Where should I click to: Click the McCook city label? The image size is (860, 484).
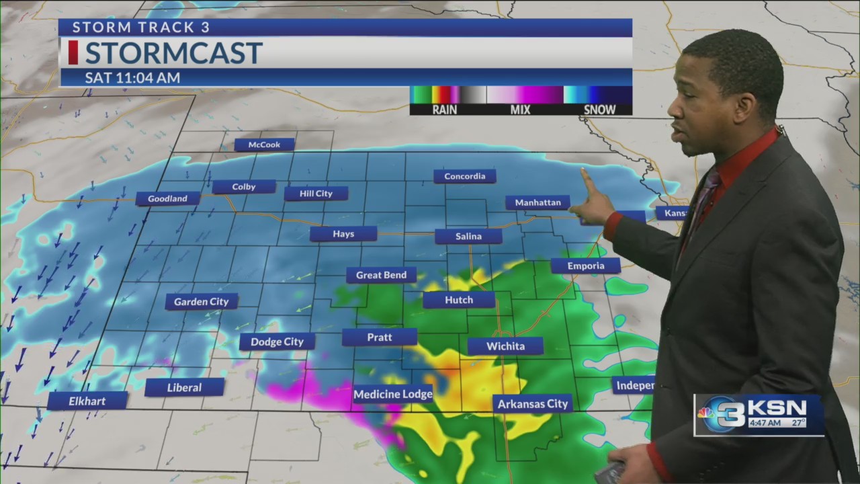(265, 145)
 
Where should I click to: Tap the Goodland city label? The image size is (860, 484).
(167, 198)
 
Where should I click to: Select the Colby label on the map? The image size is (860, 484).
(244, 187)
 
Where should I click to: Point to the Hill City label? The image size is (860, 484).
(316, 194)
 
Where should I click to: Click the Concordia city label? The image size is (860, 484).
(464, 176)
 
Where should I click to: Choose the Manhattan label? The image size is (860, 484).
(537, 202)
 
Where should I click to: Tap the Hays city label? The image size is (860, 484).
(343, 234)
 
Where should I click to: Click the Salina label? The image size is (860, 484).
(468, 236)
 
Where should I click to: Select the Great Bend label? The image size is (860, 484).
(381, 275)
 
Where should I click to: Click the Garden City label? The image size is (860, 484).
(201, 302)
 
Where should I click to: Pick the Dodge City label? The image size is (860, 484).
(277, 341)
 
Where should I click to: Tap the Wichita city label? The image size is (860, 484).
(505, 346)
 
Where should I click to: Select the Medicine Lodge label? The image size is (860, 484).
(392, 395)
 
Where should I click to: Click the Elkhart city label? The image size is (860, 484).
(87, 401)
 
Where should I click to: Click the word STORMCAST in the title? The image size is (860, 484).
(173, 53)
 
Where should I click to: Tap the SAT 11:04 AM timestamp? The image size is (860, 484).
(132, 77)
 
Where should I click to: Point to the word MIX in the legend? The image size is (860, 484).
(520, 110)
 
